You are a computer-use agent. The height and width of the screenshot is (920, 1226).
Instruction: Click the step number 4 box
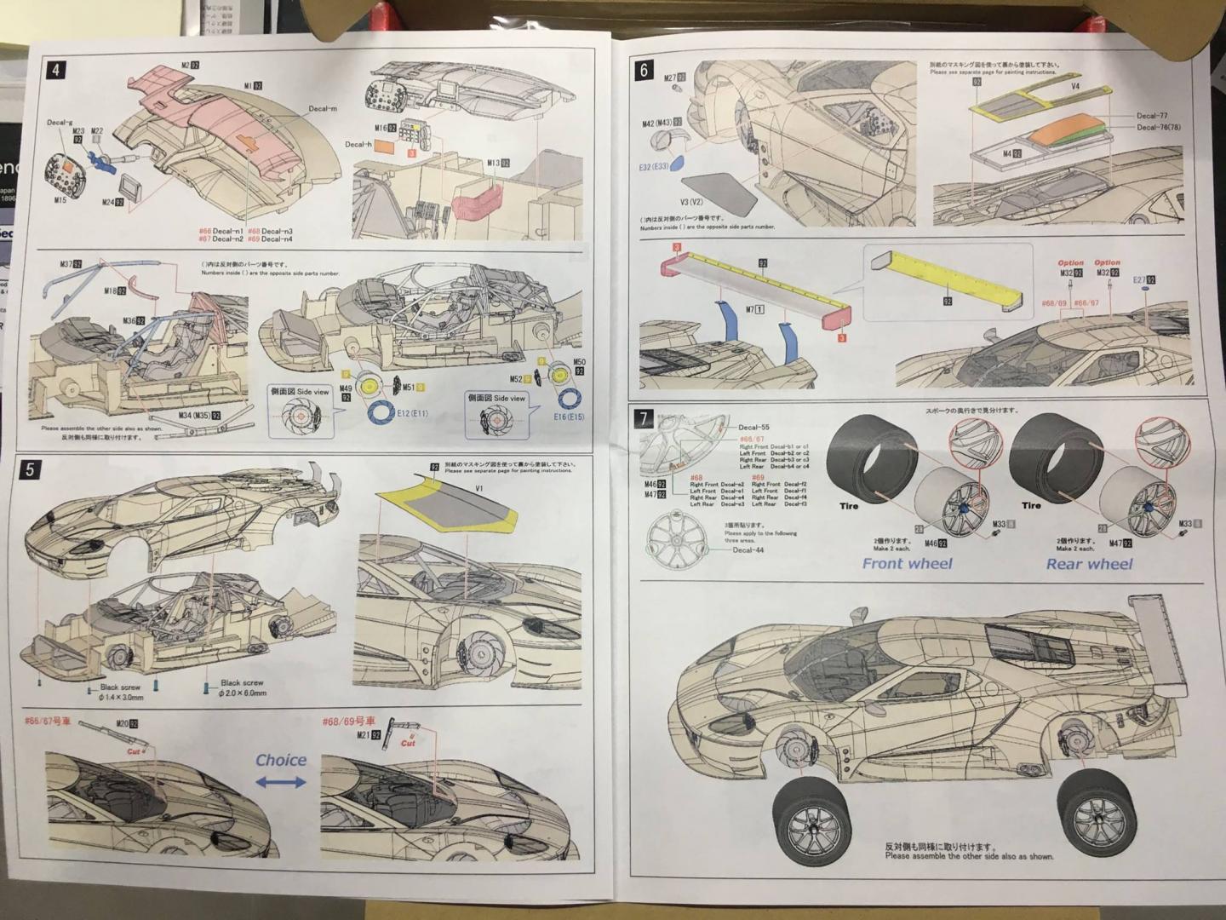click(x=55, y=70)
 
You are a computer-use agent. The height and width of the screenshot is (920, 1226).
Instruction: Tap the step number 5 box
click(x=30, y=469)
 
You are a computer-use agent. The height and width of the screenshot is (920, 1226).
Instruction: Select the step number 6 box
click(x=644, y=71)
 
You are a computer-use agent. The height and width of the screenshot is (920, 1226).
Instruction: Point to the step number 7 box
click(x=645, y=418)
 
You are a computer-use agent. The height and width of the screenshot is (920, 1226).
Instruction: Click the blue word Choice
click(x=280, y=760)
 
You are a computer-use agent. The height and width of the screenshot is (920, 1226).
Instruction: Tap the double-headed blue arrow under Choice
click(x=280, y=781)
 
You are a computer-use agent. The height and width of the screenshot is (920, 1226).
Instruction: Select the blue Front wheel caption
click(x=907, y=563)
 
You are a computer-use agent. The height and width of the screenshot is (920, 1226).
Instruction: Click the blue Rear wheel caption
click(x=1089, y=563)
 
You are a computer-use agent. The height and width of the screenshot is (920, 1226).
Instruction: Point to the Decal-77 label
click(x=1151, y=116)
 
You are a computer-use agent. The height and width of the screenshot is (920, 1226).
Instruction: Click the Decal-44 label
click(x=749, y=550)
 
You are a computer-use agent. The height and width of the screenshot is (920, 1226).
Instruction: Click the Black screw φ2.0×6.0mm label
click(x=243, y=687)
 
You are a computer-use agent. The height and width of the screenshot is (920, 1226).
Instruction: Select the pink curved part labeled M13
click(x=477, y=202)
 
